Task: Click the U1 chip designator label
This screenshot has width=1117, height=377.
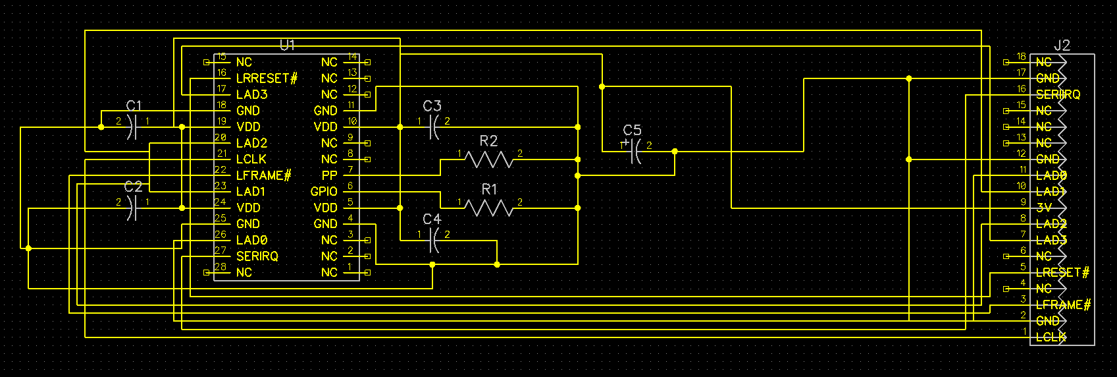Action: click(x=288, y=45)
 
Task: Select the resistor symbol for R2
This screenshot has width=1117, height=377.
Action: click(x=488, y=159)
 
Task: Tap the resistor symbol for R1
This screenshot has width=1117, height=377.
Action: click(x=488, y=208)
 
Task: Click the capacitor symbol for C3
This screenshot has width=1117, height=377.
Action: click(x=432, y=127)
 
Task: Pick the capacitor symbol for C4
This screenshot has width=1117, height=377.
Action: click(x=432, y=241)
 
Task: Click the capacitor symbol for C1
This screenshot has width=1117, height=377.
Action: click(x=132, y=127)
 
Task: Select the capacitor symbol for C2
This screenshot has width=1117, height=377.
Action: click(x=132, y=208)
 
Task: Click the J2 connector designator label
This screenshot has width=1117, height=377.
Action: click(x=1062, y=45)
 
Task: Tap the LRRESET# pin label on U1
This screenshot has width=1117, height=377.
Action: click(x=267, y=78)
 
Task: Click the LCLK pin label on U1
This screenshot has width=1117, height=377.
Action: click(x=251, y=159)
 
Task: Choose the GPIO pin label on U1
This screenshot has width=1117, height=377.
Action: click(x=324, y=192)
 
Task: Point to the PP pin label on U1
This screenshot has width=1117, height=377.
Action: click(x=329, y=175)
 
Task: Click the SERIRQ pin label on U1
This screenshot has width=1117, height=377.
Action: click(x=257, y=256)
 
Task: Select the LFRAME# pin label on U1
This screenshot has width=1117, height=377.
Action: click(x=263, y=175)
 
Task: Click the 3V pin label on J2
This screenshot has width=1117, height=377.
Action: click(x=1044, y=208)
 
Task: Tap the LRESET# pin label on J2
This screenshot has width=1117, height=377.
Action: click(x=1062, y=272)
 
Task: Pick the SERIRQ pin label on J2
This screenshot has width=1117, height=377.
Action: click(x=1058, y=94)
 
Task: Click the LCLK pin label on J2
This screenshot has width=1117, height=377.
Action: click(x=1051, y=337)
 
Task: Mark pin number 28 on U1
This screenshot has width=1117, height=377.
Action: click(x=221, y=266)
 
